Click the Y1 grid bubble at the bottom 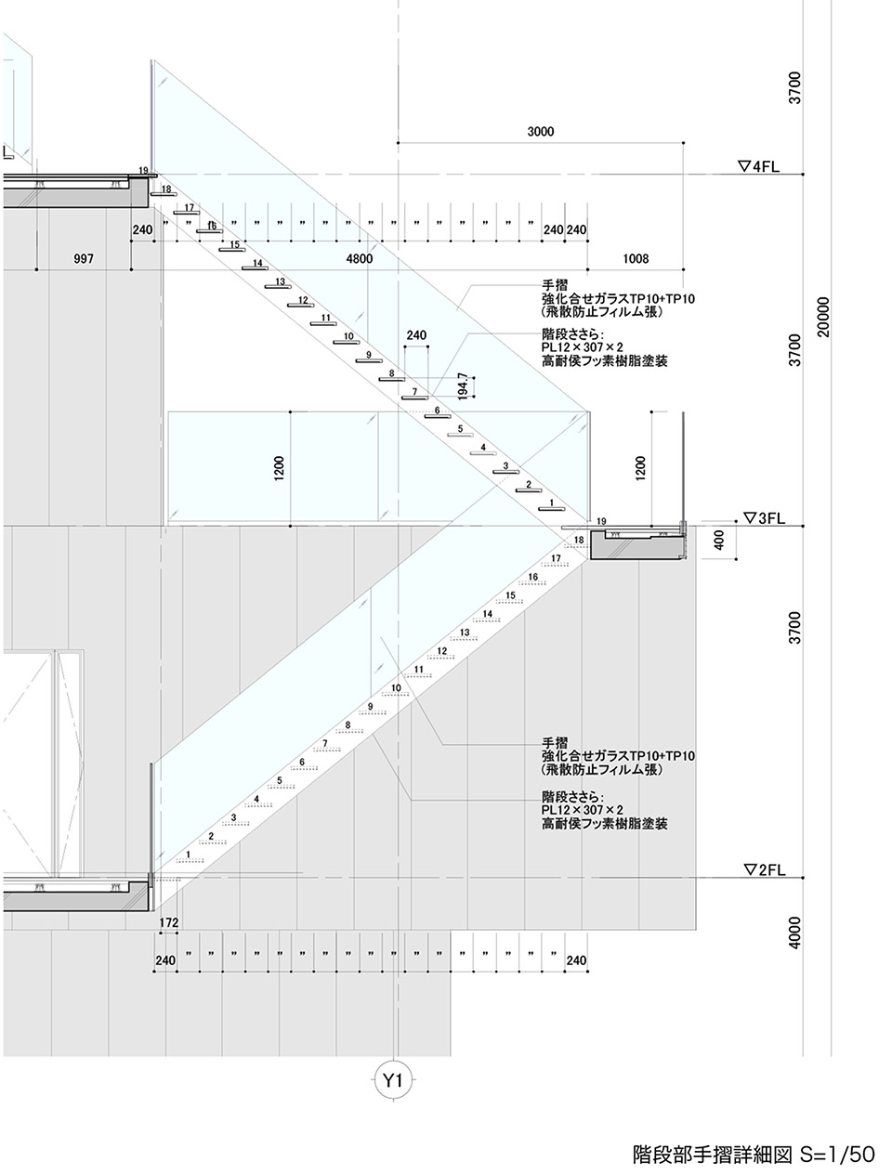(x=393, y=1079)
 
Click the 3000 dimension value (x=540, y=132)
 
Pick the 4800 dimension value (x=359, y=259)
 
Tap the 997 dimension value (x=84, y=259)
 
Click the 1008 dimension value (x=636, y=259)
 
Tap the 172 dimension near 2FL (x=168, y=922)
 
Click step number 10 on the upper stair (x=348, y=336)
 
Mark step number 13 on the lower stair (x=465, y=633)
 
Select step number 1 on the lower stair (x=189, y=855)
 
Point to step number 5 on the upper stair (x=459, y=428)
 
